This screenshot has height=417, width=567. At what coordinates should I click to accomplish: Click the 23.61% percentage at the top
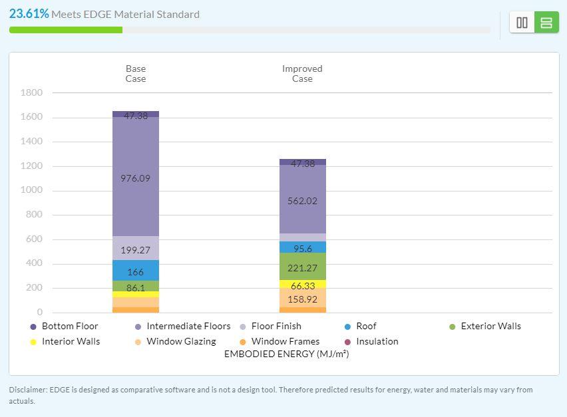(29, 14)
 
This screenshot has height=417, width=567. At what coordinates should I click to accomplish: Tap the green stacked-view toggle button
(546, 23)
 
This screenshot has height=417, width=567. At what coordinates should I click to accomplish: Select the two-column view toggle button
(522, 23)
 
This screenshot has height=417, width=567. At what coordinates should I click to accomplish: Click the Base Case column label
(136, 74)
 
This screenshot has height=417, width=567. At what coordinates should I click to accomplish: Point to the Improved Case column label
(302, 74)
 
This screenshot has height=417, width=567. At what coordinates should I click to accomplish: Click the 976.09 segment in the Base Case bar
(136, 177)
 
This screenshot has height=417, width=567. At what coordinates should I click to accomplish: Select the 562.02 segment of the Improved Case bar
(303, 199)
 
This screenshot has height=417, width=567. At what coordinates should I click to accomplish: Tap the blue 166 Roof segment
(136, 270)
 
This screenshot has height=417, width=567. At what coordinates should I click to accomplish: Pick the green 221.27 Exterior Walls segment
(303, 266)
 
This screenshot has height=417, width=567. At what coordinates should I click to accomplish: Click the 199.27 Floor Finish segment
(136, 248)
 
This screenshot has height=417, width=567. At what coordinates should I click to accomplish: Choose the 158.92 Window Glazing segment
(303, 298)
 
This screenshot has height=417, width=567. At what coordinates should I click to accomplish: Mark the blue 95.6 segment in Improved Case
(303, 247)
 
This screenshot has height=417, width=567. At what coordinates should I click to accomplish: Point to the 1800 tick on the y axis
(31, 93)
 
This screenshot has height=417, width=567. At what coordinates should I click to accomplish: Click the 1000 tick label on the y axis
(31, 190)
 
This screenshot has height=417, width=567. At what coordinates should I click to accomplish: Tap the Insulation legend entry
(371, 341)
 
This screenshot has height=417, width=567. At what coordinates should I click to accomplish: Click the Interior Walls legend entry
(65, 341)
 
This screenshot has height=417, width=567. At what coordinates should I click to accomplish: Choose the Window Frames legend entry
(280, 341)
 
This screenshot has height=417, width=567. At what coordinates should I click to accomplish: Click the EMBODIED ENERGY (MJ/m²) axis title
(286, 354)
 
